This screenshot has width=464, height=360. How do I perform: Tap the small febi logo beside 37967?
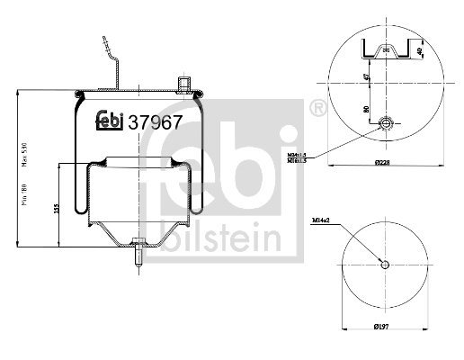click(x=112, y=120)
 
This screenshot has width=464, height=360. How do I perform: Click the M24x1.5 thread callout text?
click(x=299, y=154)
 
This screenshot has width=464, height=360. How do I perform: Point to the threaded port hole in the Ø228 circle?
click(x=386, y=122)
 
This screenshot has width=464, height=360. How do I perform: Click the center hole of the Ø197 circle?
click(x=385, y=263)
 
